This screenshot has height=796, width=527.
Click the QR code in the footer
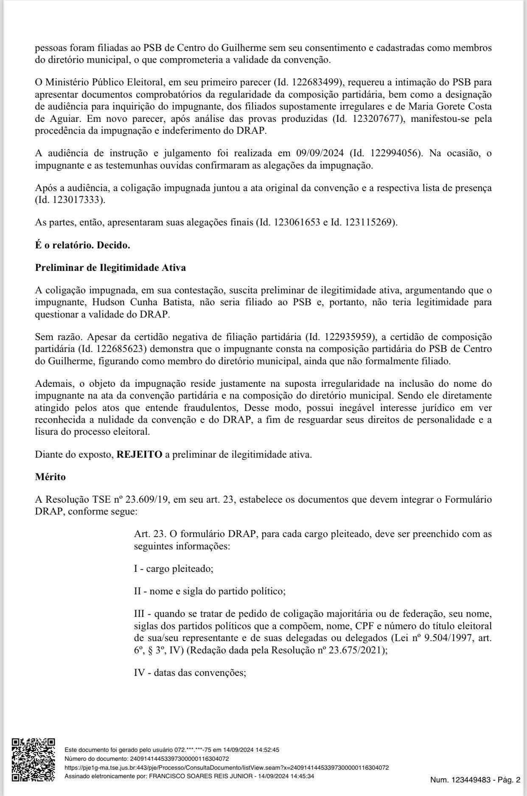coord(33,759)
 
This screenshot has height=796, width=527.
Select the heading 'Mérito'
coord(50,477)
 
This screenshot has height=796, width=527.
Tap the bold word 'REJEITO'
coord(139,454)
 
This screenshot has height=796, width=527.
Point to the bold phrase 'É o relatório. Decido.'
coord(82,245)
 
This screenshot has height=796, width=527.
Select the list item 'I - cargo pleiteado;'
coord(174,568)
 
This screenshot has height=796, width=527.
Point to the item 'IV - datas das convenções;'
coord(190,673)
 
